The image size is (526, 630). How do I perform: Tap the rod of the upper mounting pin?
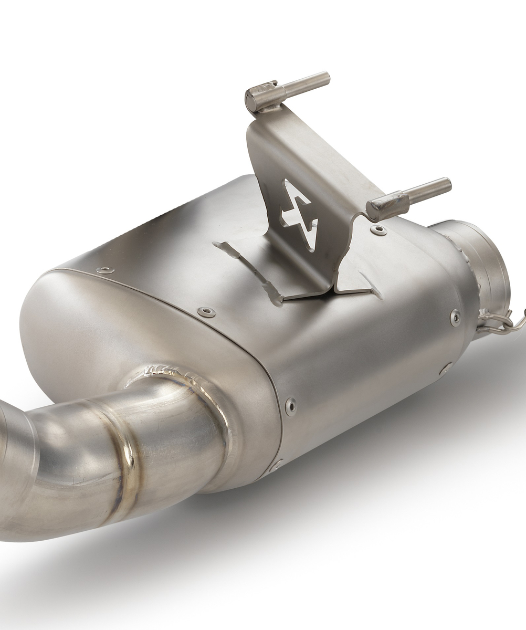tap(307, 84)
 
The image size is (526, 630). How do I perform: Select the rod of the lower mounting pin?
tap(428, 191)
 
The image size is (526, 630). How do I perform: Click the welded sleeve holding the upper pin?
tap(261, 97)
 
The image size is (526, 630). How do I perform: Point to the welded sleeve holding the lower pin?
tap(387, 206)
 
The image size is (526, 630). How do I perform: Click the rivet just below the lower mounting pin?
tap(378, 230)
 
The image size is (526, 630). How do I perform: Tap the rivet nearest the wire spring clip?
tap(455, 317)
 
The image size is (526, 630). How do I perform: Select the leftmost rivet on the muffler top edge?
tap(106, 270)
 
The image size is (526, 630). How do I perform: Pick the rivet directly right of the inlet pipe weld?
tap(290, 405)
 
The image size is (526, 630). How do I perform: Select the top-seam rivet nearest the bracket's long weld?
tap(206, 312)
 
